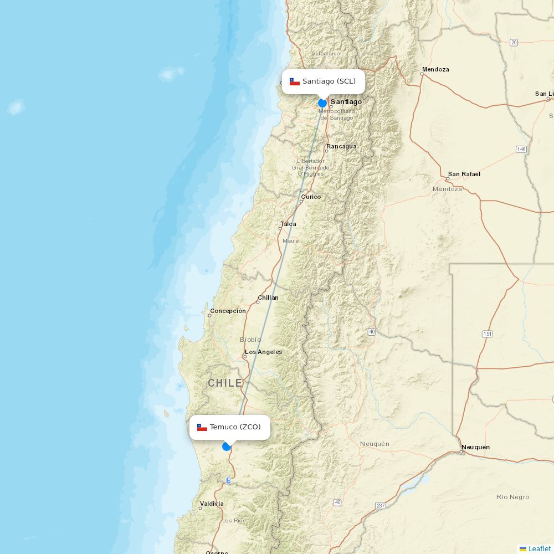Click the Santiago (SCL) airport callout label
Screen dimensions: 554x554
click(324, 81)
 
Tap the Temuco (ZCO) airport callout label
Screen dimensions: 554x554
click(230, 427)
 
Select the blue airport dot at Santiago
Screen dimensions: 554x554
click(322, 103)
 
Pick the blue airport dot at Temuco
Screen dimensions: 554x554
click(226, 447)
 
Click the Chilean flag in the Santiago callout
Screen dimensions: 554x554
click(295, 82)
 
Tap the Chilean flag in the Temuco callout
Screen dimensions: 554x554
click(202, 427)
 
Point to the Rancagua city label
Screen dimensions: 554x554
click(341, 147)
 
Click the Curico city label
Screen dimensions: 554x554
click(311, 197)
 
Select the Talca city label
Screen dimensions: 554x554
click(288, 224)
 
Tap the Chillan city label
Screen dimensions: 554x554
click(268, 297)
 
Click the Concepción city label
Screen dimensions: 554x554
click(228, 311)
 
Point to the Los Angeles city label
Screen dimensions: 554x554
click(263, 352)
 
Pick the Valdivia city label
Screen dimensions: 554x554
click(212, 504)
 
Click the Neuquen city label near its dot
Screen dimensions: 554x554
click(475, 447)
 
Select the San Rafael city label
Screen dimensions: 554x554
click(464, 174)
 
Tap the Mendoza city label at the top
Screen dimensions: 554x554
click(435, 69)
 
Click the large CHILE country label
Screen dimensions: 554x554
click(225, 383)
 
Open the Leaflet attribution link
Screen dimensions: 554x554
click(539, 548)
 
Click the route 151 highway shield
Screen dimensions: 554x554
click(488, 334)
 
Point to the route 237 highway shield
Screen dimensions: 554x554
click(381, 505)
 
